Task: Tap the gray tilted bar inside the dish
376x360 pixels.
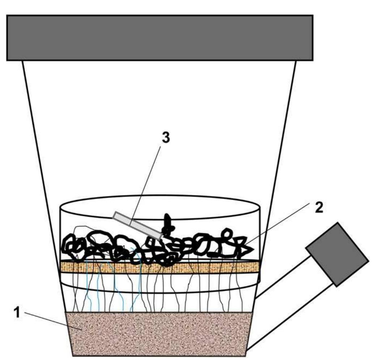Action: tap(137, 225)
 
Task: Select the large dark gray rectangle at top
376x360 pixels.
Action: tap(159, 38)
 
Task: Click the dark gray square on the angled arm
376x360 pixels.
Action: tap(337, 254)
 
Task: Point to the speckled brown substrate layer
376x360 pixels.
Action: tap(159, 334)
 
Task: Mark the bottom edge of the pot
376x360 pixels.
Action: tap(159, 356)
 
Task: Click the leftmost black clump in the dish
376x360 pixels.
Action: tap(72, 247)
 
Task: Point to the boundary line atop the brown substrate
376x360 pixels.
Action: tap(159, 312)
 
